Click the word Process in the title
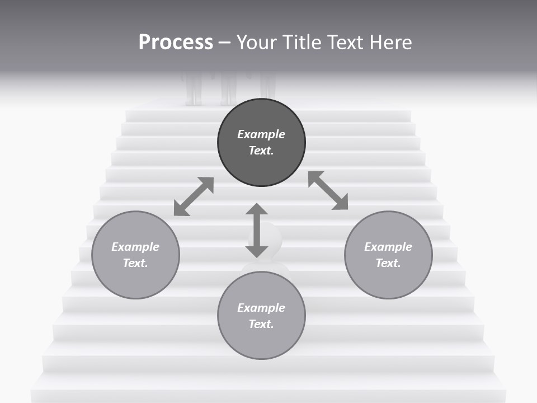tap(176, 43)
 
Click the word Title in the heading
tap(300, 43)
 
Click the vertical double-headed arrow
tap(257, 231)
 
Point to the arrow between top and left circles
tap(194, 196)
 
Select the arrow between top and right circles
tap(328, 190)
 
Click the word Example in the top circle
tap(261, 134)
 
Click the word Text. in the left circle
tap(135, 263)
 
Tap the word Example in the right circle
tap(388, 247)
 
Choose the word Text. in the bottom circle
tap(261, 324)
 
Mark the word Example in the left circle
tap(135, 247)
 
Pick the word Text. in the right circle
tap(388, 263)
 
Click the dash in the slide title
tap(224, 43)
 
